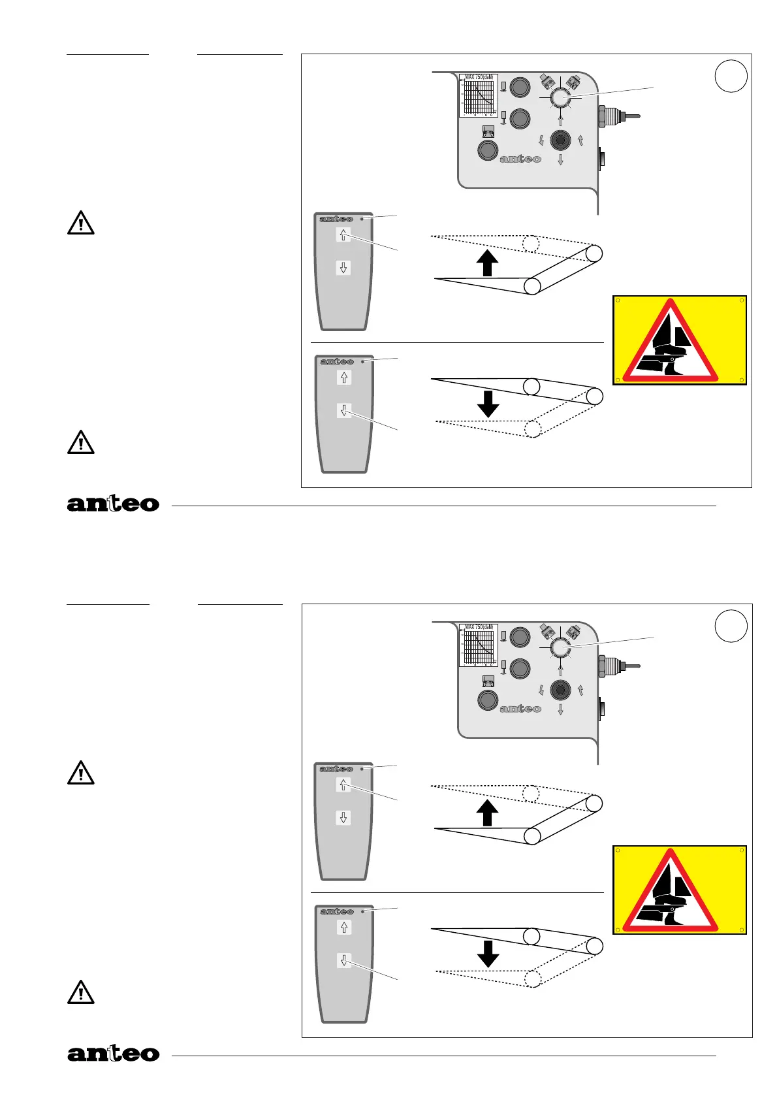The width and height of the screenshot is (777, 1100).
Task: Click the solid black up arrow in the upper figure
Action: click(487, 264)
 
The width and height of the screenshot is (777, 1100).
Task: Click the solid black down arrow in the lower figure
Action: click(488, 953)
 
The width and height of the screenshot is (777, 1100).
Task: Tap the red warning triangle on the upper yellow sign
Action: click(671, 342)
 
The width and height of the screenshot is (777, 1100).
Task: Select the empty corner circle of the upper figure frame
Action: click(731, 76)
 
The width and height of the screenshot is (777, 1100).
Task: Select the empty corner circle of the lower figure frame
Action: click(731, 626)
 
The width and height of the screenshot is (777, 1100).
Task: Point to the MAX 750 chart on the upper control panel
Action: click(479, 95)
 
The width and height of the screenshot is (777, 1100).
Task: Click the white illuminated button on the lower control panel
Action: click(560, 647)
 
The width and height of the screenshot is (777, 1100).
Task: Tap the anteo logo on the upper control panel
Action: click(520, 159)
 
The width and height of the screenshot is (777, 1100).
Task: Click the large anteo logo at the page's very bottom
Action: click(113, 1053)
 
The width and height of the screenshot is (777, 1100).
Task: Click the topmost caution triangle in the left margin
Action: click(81, 223)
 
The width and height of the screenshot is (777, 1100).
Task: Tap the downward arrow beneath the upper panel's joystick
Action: click(560, 159)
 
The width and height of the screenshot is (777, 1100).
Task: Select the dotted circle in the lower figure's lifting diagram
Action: click(531, 793)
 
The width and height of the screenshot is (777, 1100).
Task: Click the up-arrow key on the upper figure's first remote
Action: click(343, 235)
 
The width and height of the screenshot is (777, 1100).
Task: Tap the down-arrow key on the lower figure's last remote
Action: click(344, 960)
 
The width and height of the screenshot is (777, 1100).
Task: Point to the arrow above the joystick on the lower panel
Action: click(560, 670)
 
